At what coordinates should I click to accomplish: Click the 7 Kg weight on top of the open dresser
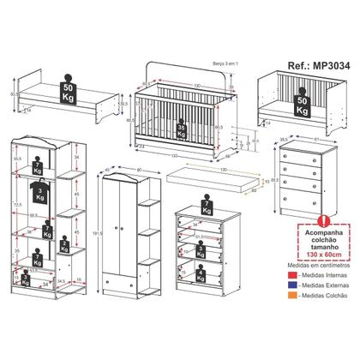pos(203,207)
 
